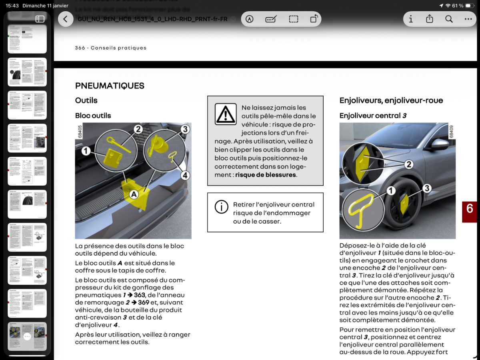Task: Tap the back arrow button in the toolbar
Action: [66, 19]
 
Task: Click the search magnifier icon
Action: [449, 19]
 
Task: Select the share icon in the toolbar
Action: [430, 19]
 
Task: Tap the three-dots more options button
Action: [468, 19]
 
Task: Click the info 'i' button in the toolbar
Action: [410, 19]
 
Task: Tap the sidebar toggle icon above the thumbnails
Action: [40, 19]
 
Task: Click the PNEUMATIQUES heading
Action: [110, 86]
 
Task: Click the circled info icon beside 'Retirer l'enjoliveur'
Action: [221, 207]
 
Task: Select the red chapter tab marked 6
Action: [470, 209]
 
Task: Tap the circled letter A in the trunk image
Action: [133, 194]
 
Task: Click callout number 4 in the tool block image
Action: [185, 175]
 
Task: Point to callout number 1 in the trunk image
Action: [86, 151]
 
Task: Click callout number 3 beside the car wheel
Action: [427, 188]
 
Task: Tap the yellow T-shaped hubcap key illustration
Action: [360, 208]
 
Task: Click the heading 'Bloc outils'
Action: [93, 116]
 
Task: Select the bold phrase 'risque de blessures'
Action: [266, 175]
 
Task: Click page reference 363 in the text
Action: [140, 295]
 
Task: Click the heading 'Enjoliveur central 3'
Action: [373, 116]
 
